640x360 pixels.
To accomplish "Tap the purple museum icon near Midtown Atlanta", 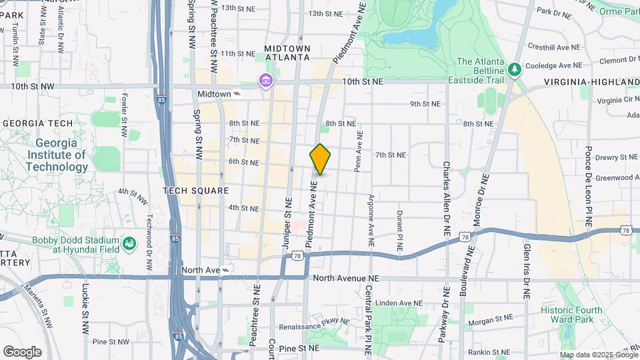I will pos(266,81).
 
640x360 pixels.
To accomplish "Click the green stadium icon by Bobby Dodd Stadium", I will pos(129,243).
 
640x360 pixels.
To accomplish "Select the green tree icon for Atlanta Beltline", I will pos(514,69).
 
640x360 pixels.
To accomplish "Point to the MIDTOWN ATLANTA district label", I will pos(287,53).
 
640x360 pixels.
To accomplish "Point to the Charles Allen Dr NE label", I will pos(447,199).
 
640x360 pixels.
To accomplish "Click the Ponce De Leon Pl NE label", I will pos(589,186).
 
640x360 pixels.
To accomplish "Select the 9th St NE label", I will pos(425,104).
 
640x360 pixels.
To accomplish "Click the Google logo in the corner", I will pos(22,351).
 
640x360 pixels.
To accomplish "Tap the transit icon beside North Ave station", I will pos(226,270).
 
